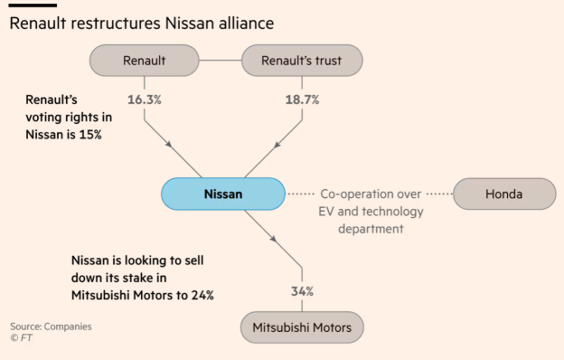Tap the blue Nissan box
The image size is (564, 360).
point(222,194)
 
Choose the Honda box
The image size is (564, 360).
point(503,194)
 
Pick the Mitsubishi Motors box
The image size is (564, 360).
point(302,327)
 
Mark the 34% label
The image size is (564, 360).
point(302,290)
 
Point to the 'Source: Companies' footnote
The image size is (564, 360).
point(51,326)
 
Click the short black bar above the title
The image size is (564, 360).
point(26,5)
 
